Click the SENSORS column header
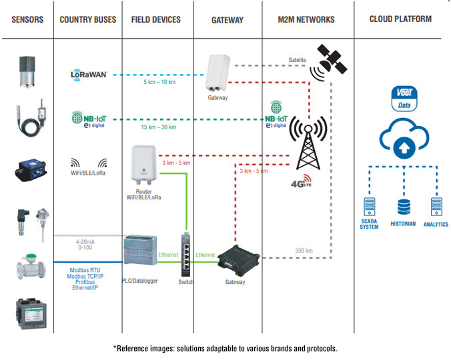tap(27, 19)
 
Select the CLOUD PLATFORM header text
tap(400, 19)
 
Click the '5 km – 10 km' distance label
tap(159, 82)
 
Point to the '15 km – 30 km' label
tap(159, 127)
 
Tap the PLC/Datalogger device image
tap(139, 257)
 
